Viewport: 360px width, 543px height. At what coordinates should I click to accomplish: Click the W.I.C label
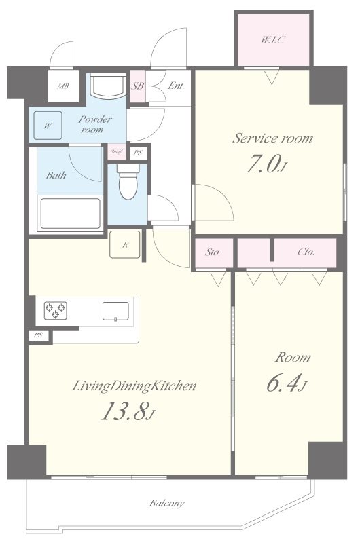272,40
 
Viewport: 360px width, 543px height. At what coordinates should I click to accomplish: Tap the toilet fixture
128,181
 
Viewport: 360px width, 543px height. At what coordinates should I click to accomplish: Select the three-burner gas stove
56,310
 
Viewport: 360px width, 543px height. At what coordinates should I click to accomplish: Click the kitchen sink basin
115,312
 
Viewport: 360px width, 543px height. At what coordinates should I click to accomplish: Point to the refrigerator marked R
125,244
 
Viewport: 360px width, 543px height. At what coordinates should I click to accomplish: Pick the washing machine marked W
48,126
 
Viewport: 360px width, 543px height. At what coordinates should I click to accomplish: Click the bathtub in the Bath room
71,213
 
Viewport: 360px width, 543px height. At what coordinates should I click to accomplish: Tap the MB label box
63,86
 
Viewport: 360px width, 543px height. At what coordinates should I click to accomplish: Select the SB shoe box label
138,86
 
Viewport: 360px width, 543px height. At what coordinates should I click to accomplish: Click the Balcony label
166,503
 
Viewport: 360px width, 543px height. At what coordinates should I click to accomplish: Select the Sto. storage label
213,252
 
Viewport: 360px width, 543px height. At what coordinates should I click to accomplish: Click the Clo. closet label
306,252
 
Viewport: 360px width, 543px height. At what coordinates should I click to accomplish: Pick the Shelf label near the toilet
116,151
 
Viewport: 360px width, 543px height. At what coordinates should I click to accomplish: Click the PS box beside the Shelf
139,153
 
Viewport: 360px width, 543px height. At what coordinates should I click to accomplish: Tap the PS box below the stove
38,335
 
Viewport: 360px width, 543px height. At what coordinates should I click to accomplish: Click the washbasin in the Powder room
108,86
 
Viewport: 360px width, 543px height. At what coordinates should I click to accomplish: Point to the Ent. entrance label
176,86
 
